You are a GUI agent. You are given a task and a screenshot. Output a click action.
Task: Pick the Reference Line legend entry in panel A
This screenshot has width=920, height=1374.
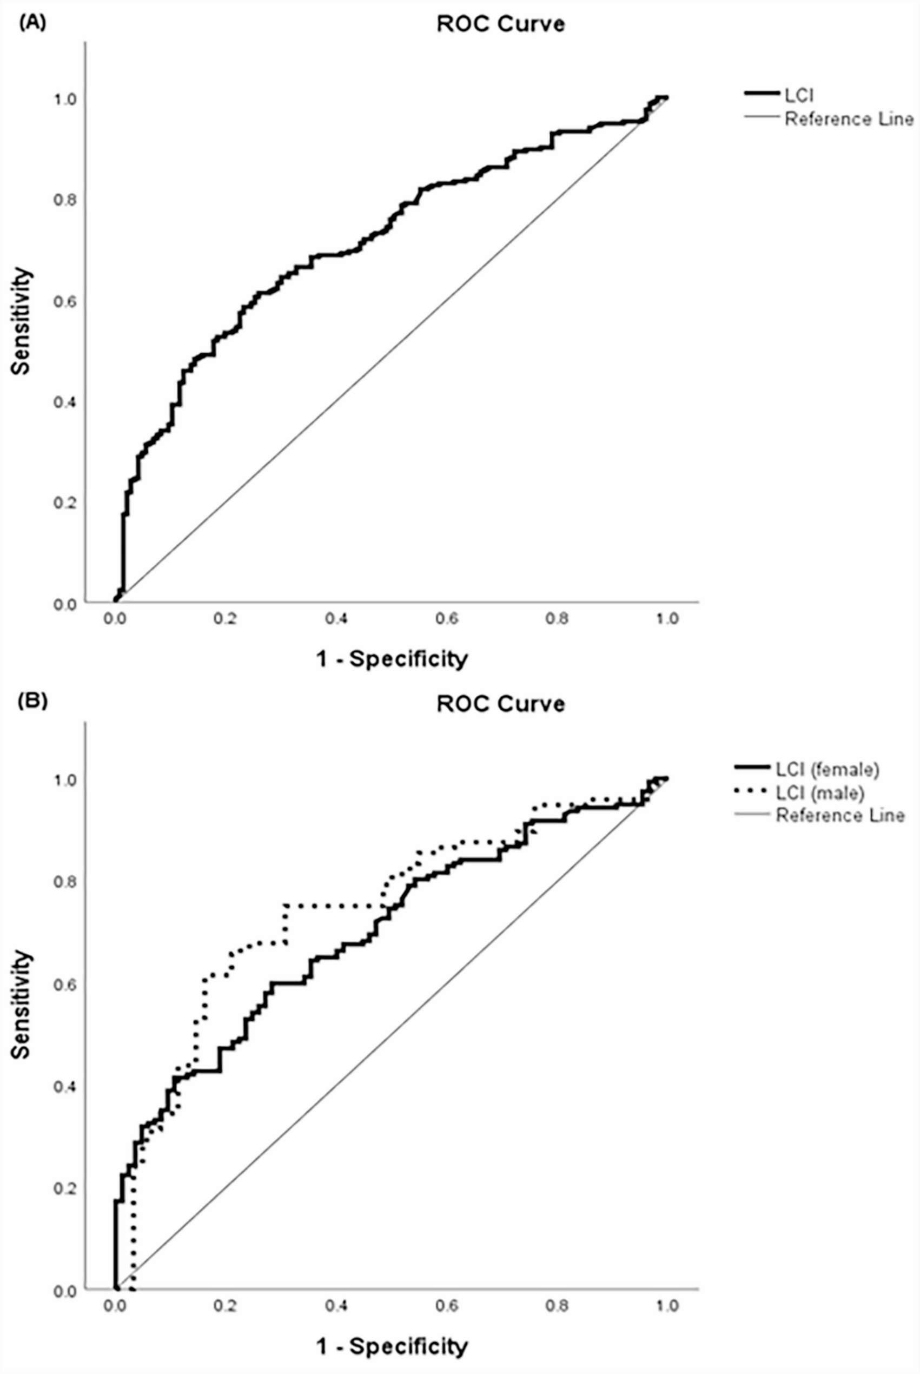pos(849,119)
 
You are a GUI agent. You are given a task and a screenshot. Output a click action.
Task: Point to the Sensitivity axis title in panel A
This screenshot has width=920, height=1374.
pos(22,321)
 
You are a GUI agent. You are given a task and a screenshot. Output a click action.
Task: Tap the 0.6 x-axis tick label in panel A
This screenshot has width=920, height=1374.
pos(447,619)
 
